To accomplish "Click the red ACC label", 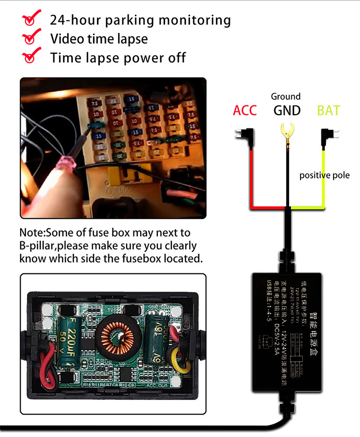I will pos(245,110).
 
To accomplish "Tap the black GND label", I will pos(287,110).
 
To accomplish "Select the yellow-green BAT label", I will pos(328,110).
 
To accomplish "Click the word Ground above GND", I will pos(286,96).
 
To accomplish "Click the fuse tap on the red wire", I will pos(245,136).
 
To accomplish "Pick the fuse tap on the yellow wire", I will pos(329,136).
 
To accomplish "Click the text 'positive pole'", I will pos(324,175).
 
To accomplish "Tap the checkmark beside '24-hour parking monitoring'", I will pos(32,20).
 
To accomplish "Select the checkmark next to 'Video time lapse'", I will pos(32,38).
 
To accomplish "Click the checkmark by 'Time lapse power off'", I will pos(32,57).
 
